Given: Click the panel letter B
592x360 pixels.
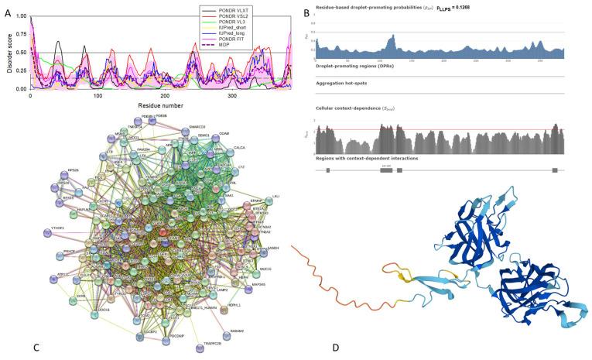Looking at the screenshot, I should [306, 12].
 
